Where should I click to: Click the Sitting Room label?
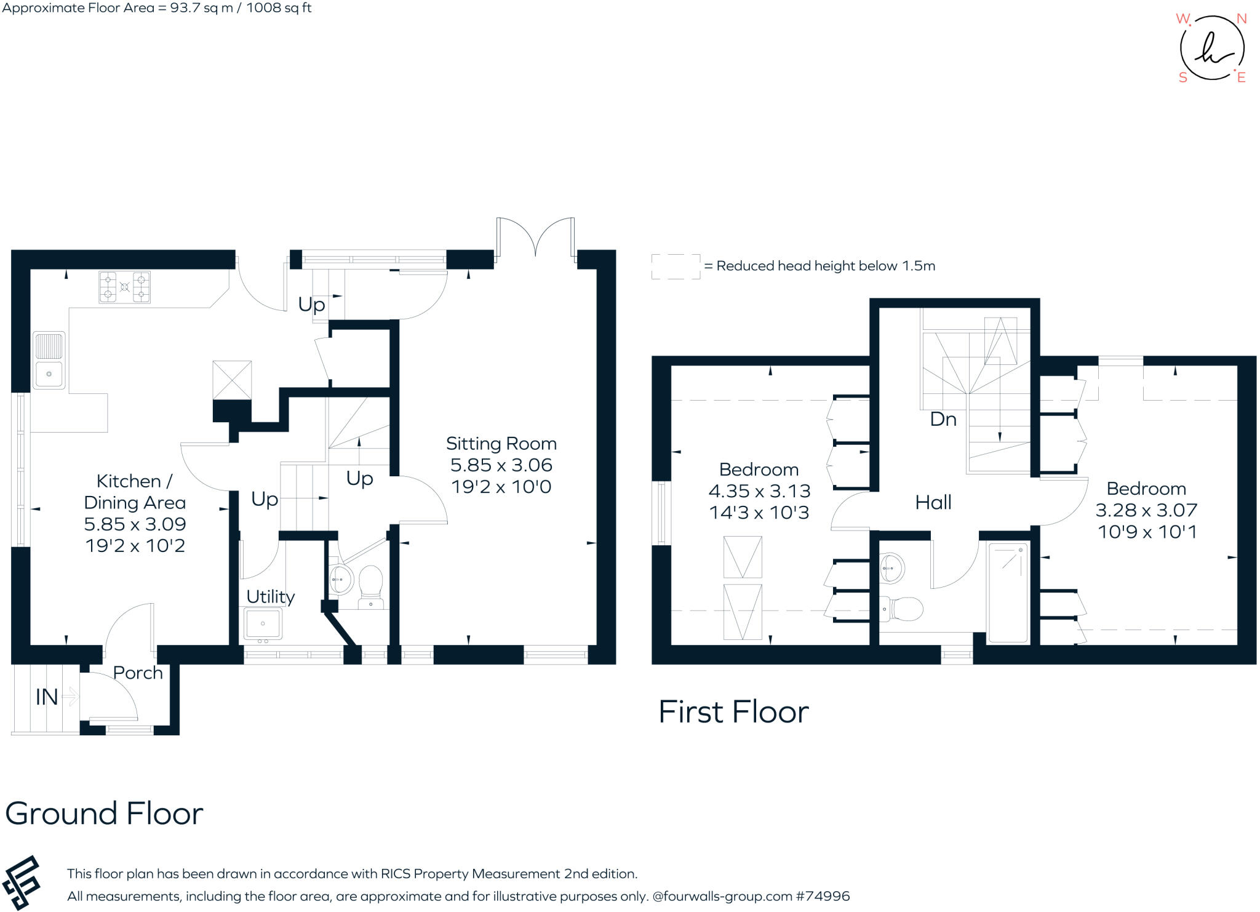coord(501,444)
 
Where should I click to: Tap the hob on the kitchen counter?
coord(124,287)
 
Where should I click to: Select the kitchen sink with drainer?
coord(49,361)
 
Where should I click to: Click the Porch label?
coord(138,673)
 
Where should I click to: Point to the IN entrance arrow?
coord(70,697)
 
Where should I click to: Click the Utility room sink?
coord(263,624)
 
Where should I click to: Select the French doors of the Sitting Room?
coord(536,237)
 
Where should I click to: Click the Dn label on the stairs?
coord(943,420)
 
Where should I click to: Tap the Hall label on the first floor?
coord(933,503)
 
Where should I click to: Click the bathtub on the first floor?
coord(1008,592)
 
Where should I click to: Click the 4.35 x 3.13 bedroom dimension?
coord(759,491)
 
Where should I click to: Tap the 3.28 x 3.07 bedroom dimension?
coord(1146,510)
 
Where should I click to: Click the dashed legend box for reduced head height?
coord(676,266)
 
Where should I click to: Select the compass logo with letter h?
coord(1211,49)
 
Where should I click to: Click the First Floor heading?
coord(733,712)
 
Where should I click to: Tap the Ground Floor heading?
coord(104,814)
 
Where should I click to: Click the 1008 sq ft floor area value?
coord(279,8)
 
